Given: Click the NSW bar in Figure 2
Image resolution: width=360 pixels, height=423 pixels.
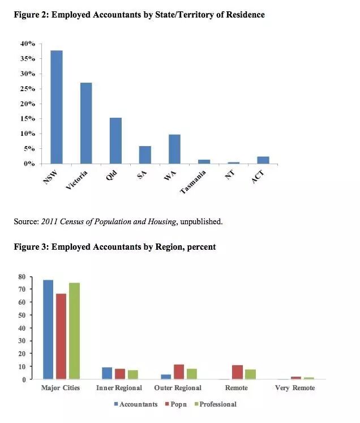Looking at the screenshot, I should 57,107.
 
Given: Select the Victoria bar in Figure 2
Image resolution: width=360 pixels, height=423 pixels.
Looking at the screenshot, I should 86,123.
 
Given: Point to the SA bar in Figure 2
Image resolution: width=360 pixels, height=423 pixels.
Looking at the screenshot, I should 145,155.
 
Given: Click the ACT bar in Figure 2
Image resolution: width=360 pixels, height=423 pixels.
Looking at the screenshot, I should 263,160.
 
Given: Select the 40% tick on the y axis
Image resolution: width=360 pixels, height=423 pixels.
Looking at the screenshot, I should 28,44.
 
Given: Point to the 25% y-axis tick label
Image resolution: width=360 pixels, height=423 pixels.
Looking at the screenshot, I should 28,89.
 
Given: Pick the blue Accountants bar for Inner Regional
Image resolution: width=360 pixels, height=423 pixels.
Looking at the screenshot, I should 106,373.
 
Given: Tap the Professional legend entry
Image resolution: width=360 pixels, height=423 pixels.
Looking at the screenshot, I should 215,404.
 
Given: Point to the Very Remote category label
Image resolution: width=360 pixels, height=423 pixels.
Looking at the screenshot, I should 294,388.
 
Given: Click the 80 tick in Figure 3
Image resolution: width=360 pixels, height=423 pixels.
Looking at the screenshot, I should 22,276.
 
